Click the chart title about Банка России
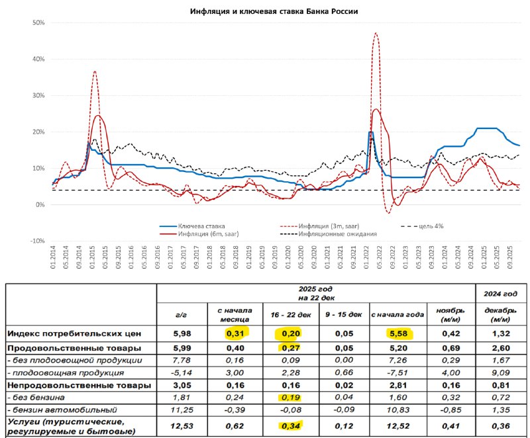(264, 12)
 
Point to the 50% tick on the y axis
(38, 22)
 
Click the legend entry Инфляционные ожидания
(337, 234)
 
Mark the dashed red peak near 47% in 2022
(376, 33)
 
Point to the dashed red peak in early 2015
(95, 71)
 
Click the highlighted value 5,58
(388, 333)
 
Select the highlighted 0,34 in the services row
(289, 427)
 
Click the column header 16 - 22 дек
(289, 314)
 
